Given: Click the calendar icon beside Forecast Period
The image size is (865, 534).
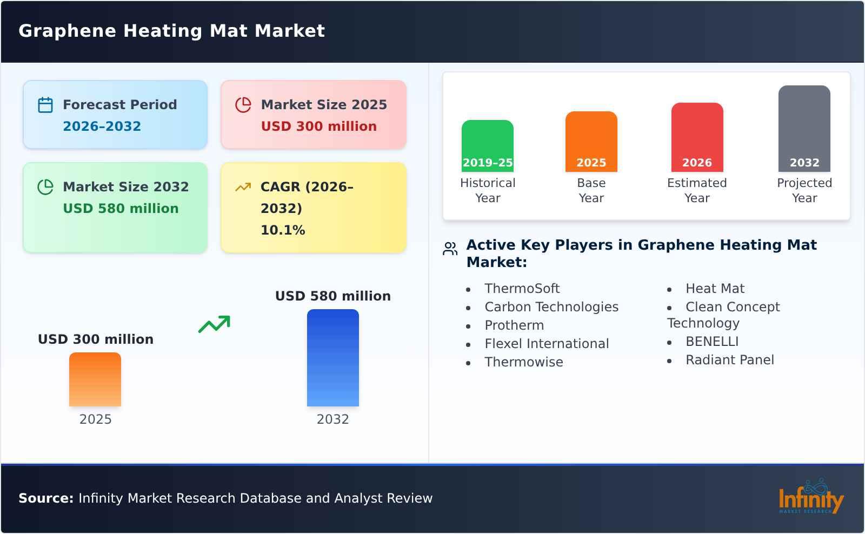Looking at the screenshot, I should (x=45, y=105).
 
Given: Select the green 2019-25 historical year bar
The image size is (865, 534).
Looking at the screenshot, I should (x=487, y=146).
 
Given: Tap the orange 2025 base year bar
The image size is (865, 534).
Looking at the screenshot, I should (x=591, y=142).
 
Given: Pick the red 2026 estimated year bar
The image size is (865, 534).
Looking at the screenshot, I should (x=697, y=137).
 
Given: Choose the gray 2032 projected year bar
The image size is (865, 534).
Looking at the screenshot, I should (x=804, y=129).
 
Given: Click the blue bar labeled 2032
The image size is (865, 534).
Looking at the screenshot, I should (x=332, y=358).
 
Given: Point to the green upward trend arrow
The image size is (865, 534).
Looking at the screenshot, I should (x=214, y=324).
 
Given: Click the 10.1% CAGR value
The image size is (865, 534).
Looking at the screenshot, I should (x=283, y=230).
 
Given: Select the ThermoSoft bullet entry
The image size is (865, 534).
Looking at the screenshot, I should (x=522, y=289).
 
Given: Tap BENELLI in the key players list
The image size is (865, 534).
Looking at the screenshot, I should (x=711, y=342).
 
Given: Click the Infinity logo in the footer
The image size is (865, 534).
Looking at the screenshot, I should (x=810, y=497).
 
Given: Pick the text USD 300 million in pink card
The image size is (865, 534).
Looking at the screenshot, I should (x=318, y=126).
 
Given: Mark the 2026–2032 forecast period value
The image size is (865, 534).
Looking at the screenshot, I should (x=102, y=126).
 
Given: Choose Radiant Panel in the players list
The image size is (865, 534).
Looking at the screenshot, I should (x=729, y=360).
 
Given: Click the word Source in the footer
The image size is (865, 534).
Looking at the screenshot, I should (x=45, y=498).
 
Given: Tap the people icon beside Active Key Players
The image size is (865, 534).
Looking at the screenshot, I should (x=450, y=249).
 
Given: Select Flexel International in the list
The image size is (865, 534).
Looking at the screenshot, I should (x=547, y=344).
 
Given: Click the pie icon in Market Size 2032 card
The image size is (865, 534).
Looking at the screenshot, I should (x=45, y=187).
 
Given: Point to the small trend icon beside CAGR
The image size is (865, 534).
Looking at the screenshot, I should (x=243, y=187).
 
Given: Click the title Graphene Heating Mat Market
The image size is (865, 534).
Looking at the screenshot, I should (x=171, y=31).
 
